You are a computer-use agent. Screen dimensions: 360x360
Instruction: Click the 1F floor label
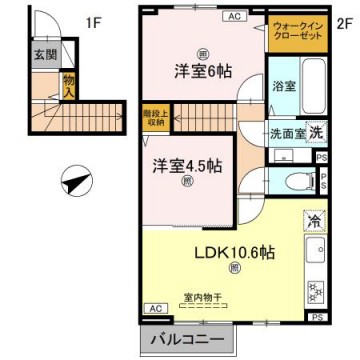coord(92,20)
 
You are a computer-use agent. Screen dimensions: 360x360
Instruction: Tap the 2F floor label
coord(342,20)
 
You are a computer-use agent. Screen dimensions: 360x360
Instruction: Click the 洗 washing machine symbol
coord(314,133)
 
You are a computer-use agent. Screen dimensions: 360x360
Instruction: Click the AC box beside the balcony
coord(154,308)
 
